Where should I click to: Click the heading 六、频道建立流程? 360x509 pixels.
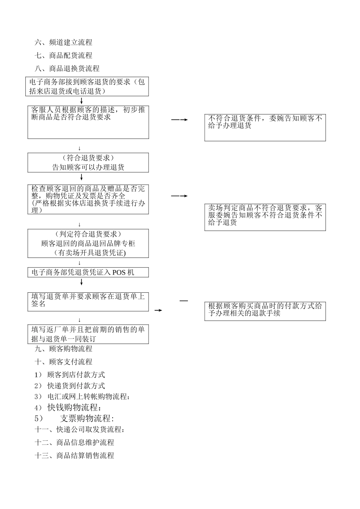(63, 42)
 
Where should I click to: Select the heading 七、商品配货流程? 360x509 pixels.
(63, 55)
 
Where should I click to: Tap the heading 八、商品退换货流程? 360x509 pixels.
(67, 69)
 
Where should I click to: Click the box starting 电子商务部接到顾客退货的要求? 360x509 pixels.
(88, 86)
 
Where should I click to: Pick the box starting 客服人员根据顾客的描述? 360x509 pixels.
(88, 122)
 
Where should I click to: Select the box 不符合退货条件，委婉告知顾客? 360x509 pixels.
(265, 128)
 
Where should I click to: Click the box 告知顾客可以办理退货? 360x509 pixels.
(88, 163)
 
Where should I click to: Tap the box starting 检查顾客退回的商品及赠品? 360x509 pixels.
(88, 200)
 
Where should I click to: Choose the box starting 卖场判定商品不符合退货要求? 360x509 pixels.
(265, 217)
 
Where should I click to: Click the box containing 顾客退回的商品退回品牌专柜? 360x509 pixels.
(88, 244)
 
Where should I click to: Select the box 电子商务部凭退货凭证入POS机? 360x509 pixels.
(88, 272)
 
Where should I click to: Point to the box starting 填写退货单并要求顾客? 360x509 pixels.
(88, 302)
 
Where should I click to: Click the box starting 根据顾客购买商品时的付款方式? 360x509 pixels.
(265, 311)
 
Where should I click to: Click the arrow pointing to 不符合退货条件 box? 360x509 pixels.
(180, 120)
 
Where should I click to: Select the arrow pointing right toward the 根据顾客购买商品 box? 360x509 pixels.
(158, 311)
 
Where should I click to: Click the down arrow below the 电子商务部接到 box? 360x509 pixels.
(81, 101)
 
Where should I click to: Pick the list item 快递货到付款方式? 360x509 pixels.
(76, 386)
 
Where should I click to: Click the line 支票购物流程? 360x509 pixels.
(87, 418)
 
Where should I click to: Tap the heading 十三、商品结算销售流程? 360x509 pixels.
(74, 456)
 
